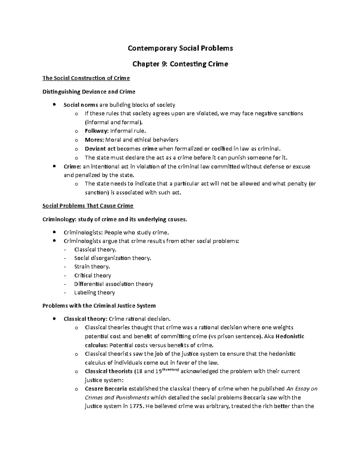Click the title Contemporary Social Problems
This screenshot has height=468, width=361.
(180, 48)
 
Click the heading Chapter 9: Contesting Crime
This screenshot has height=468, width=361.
(180, 64)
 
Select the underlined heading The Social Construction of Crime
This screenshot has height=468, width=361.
(86, 78)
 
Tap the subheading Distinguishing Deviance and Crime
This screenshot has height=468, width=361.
(89, 92)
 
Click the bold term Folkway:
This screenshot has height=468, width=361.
(97, 131)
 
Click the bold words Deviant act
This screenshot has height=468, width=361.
(100, 149)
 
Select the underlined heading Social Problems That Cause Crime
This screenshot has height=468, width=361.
(88, 206)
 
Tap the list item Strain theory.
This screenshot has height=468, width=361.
(92, 267)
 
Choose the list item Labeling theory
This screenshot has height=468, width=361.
(94, 293)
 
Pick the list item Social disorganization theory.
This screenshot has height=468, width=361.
(113, 258)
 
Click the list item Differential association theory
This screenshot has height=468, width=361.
(113, 284)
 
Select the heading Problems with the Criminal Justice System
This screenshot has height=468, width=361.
(99, 306)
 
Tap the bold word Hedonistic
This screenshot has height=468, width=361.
(290, 336)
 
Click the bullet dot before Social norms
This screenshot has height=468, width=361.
(54, 105)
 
